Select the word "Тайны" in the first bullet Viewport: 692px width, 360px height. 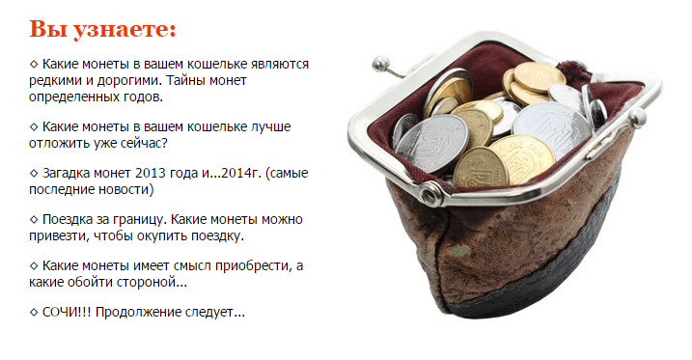click(x=184, y=80)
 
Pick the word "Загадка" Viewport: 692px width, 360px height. click(x=70, y=173)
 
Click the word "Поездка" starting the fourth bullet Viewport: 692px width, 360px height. click(x=70, y=220)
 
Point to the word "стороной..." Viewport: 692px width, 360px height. click(x=152, y=282)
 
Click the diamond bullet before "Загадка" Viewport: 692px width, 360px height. click(x=35, y=174)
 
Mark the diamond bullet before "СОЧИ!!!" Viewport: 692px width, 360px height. click(x=35, y=313)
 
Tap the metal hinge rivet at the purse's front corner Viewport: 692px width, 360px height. click(x=432, y=197)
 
